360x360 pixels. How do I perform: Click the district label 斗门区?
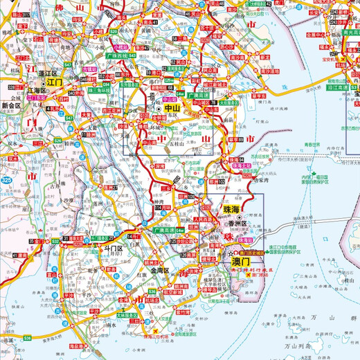112,247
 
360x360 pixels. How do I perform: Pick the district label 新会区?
13,105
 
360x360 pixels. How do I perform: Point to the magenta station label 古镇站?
89,69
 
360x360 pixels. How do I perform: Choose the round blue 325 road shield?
6,180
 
